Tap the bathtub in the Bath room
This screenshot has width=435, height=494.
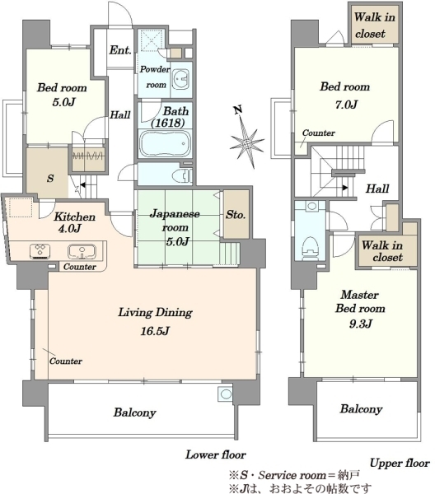[165, 143]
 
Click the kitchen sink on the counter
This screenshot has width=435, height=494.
[82, 251]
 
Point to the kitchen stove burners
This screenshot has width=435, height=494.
[40, 251]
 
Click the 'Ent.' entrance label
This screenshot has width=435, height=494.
[120, 50]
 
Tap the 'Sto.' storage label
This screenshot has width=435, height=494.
[236, 215]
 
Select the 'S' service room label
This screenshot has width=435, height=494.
[50, 179]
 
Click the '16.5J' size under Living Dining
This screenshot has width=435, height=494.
[155, 331]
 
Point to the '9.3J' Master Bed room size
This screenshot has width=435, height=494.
[361, 324]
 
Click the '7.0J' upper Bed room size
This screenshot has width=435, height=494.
[346, 105]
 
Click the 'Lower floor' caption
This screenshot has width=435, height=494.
[216, 454]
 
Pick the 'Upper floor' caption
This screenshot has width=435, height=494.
[400, 463]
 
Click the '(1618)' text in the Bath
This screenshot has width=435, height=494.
[168, 123]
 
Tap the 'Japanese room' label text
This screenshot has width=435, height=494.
[175, 221]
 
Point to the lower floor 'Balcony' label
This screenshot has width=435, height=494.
[134, 412]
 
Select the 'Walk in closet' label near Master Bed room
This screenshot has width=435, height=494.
[382, 251]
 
